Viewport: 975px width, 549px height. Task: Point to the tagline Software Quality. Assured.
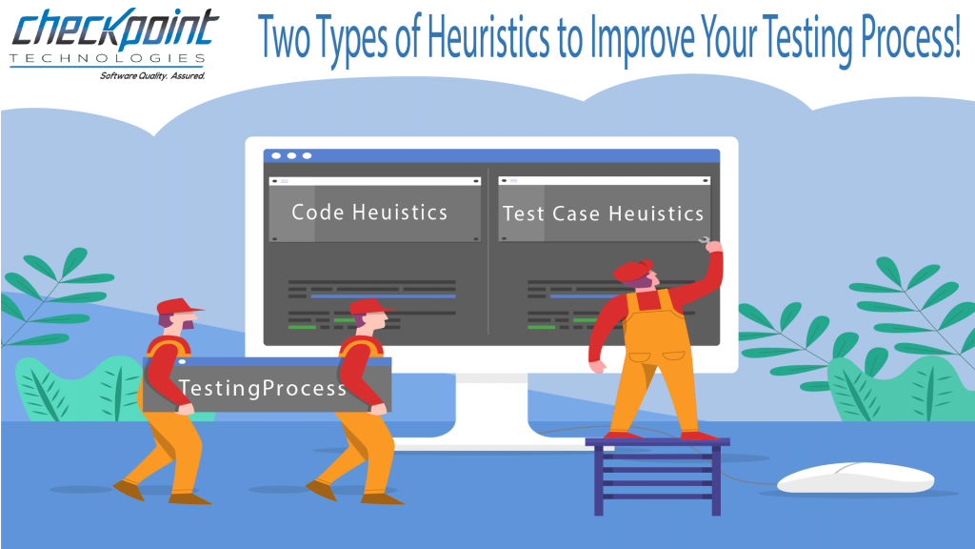point(152,74)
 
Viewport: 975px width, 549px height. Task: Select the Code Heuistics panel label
point(369,213)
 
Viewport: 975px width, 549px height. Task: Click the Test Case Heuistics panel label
point(604,213)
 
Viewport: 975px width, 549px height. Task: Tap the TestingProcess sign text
point(263,389)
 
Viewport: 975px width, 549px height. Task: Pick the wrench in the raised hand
point(705,242)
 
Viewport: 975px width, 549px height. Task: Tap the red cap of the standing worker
point(631,270)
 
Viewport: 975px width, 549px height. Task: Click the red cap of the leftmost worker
point(179,306)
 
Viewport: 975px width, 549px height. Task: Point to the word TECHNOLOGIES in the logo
point(113,59)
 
